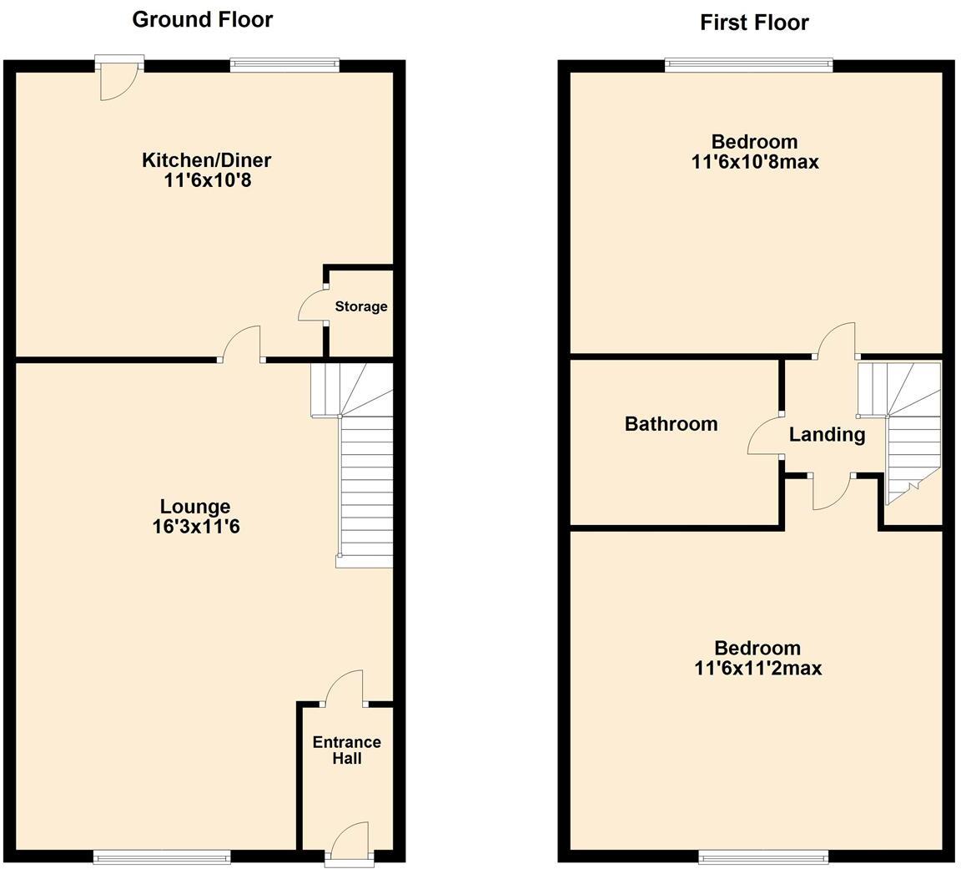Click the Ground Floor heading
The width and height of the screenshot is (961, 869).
(202, 19)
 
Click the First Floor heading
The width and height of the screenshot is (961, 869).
(754, 22)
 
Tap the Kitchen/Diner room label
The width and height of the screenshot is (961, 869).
(206, 159)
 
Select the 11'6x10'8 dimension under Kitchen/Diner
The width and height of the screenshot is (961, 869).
(207, 179)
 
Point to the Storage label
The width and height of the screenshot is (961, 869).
(360, 306)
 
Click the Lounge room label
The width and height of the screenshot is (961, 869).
(194, 507)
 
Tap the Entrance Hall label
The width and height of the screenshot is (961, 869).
(346, 750)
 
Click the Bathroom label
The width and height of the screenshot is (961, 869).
(671, 424)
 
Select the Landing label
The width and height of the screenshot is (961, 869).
(827, 434)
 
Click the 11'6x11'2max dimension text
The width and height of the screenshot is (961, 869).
(757, 668)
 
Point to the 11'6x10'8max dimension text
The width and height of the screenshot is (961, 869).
(754, 161)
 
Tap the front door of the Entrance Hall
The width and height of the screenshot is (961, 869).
(350, 841)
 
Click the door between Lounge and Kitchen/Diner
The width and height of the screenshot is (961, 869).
(243, 344)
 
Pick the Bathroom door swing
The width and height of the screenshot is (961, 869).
(765, 436)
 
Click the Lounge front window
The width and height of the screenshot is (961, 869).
(162, 856)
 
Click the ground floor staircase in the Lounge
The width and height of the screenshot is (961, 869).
(365, 484)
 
